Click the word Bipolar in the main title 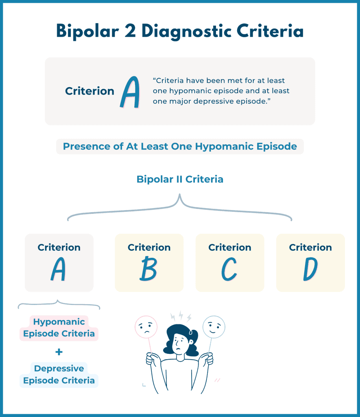pyautogui.click(x=87, y=31)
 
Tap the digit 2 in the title pyautogui.click(x=130, y=31)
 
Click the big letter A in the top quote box pyautogui.click(x=130, y=92)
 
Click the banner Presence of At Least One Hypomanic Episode pyautogui.click(x=180, y=147)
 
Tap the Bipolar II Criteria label pyautogui.click(x=180, y=179)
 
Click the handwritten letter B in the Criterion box pyautogui.click(x=148, y=269)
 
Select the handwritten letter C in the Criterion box pyautogui.click(x=229, y=269)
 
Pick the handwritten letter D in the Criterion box pyautogui.click(x=310, y=269)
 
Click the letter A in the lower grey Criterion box pyautogui.click(x=58, y=269)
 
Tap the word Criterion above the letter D pyautogui.click(x=310, y=247)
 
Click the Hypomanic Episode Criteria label pyautogui.click(x=59, y=328)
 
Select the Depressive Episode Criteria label pyautogui.click(x=59, y=375)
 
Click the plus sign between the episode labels pyautogui.click(x=59, y=352)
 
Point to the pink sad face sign pyautogui.click(x=146, y=327)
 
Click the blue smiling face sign pyautogui.click(x=214, y=327)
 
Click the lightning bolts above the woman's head pyautogui.click(x=181, y=316)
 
